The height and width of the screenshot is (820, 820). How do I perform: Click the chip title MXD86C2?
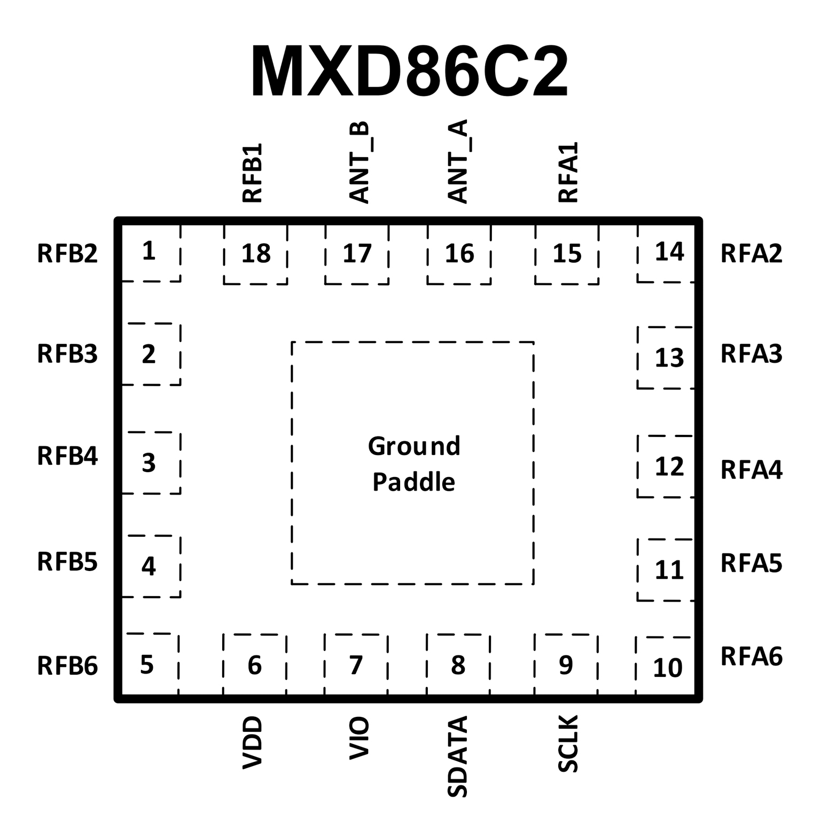[409, 72]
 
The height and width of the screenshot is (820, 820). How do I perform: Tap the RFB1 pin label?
[253, 173]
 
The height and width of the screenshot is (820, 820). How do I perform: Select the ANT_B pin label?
[360, 162]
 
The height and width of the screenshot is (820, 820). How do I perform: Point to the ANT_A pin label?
[458, 162]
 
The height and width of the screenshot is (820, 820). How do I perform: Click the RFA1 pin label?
[568, 173]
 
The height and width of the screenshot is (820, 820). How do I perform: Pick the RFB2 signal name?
[67, 254]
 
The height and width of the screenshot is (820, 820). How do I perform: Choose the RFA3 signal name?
[751, 354]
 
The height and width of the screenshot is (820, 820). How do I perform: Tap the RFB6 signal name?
[67, 666]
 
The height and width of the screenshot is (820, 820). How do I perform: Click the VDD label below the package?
[253, 743]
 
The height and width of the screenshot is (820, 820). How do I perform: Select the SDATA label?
[458, 756]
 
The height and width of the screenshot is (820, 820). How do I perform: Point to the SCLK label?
[568, 744]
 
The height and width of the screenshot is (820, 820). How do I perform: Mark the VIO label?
[359, 739]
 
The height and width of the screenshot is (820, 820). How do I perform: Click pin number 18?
[256, 254]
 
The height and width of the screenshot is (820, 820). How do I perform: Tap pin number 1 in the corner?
[149, 251]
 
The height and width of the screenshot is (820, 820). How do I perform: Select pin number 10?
[668, 668]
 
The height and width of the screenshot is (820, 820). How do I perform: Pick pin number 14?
[669, 252]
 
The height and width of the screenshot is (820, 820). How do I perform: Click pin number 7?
[356, 665]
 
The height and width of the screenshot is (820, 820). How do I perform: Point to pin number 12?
[669, 467]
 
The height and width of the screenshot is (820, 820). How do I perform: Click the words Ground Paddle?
[413, 464]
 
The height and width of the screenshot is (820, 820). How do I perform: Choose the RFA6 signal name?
[751, 657]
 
